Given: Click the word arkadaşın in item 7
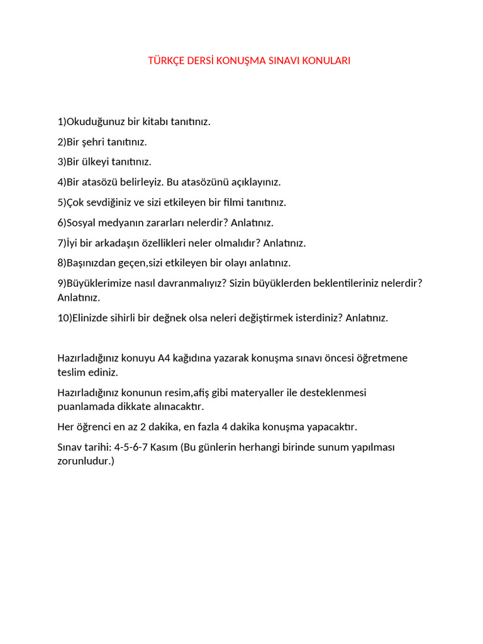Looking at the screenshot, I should [141, 242].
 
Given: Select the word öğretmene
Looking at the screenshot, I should [384, 358].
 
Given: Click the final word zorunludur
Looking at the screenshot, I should [86, 460].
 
